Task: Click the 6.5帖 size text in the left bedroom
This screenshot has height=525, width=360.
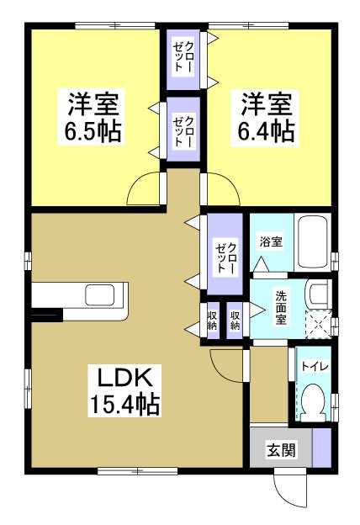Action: point(93,131)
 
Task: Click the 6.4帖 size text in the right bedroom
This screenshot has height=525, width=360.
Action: point(267,131)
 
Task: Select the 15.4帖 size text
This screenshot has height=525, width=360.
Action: point(125,405)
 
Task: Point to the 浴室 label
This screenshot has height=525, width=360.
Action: point(270,241)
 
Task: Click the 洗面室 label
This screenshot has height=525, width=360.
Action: point(280,308)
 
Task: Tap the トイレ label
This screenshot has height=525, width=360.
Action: point(315,365)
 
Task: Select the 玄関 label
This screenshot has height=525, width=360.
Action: point(282,450)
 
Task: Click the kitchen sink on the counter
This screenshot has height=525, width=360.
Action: point(102,297)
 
